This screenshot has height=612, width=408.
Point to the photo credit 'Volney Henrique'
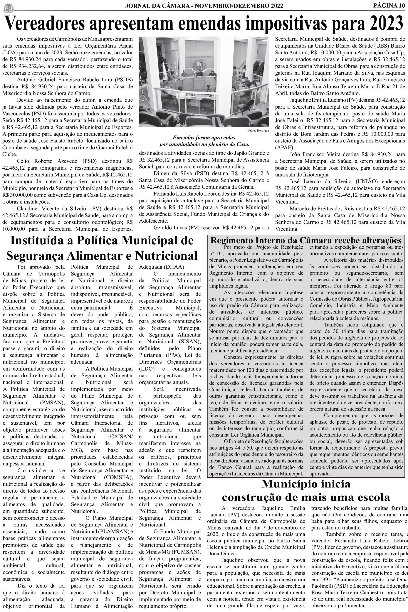pyautogui.click(x=258, y=131)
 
